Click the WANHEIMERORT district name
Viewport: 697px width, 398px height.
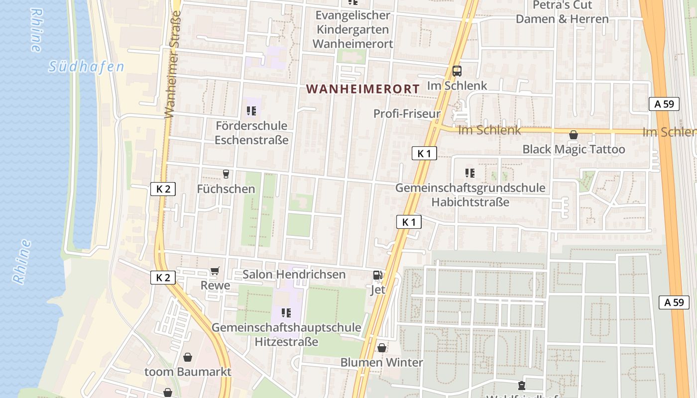click(362, 89)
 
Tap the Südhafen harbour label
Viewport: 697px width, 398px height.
click(86, 67)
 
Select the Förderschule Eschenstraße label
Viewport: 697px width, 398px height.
click(251, 133)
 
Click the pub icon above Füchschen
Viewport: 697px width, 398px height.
click(226, 174)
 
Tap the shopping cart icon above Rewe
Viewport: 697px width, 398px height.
click(215, 271)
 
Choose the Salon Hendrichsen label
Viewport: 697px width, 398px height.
click(294, 274)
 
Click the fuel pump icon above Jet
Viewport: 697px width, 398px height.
click(378, 275)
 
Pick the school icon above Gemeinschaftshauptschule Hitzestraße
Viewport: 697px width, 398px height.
click(286, 312)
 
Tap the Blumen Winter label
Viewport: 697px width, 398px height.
click(381, 362)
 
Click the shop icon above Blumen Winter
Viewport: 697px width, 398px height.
click(382, 348)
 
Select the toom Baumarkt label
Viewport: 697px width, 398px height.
click(188, 372)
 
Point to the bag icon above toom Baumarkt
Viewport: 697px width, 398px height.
click(188, 357)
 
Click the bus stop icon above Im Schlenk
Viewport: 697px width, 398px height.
click(457, 71)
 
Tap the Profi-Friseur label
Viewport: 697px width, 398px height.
click(407, 114)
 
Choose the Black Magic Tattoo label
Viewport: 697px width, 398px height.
click(574, 149)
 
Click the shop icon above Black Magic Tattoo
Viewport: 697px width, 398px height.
click(574, 135)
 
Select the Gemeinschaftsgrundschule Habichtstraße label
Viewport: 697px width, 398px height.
click(470, 195)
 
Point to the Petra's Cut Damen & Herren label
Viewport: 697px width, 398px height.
click(562, 12)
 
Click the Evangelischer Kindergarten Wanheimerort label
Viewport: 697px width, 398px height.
click(353, 29)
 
